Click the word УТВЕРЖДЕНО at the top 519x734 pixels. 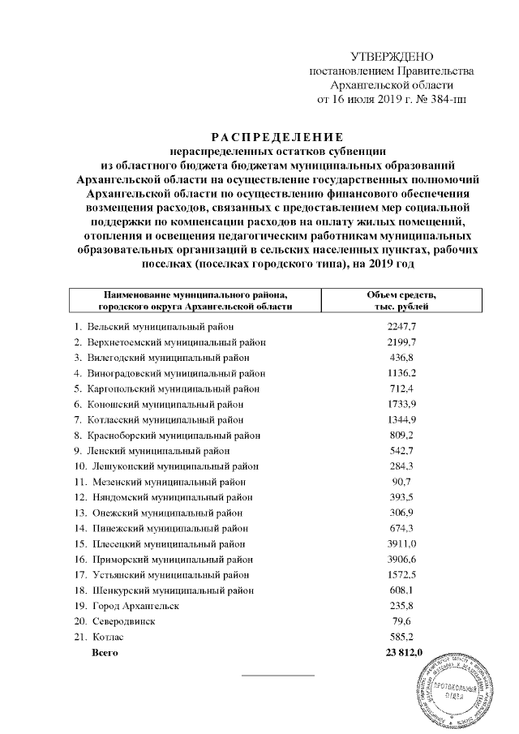click(392, 56)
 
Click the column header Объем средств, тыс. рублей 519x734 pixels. click(402, 300)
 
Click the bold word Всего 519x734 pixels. click(105, 652)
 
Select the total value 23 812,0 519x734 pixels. click(401, 652)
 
